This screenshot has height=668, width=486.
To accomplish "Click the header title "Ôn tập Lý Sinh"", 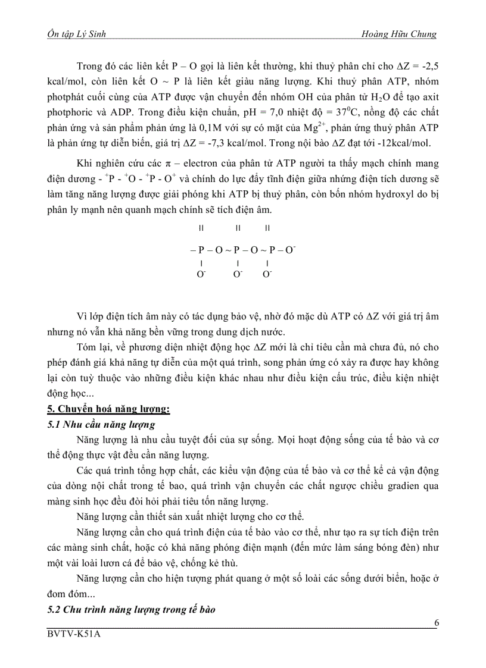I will click(x=77, y=35).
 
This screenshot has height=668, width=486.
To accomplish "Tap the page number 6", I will click(x=437, y=623).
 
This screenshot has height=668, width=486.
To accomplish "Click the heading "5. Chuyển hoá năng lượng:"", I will click(x=109, y=409).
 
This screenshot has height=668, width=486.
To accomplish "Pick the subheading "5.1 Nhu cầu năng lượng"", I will click(x=101, y=424).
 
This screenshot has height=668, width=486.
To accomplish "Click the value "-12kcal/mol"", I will click(x=411, y=143).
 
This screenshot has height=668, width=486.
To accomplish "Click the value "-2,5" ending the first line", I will click(x=425, y=65).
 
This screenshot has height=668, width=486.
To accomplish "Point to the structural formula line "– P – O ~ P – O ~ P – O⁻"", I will click(x=242, y=250).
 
